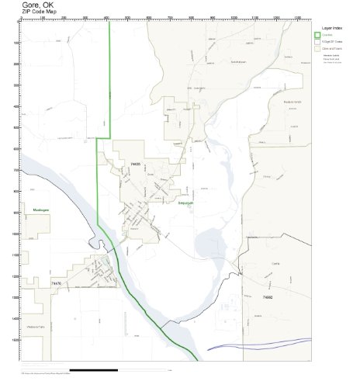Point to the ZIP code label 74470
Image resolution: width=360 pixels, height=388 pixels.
[55, 284]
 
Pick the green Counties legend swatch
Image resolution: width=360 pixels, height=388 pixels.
[317, 34]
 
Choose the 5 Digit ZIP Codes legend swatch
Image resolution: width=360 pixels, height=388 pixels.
[317, 41]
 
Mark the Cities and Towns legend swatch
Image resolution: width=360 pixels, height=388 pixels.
[317, 48]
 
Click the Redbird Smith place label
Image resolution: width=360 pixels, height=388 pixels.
[291, 102]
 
